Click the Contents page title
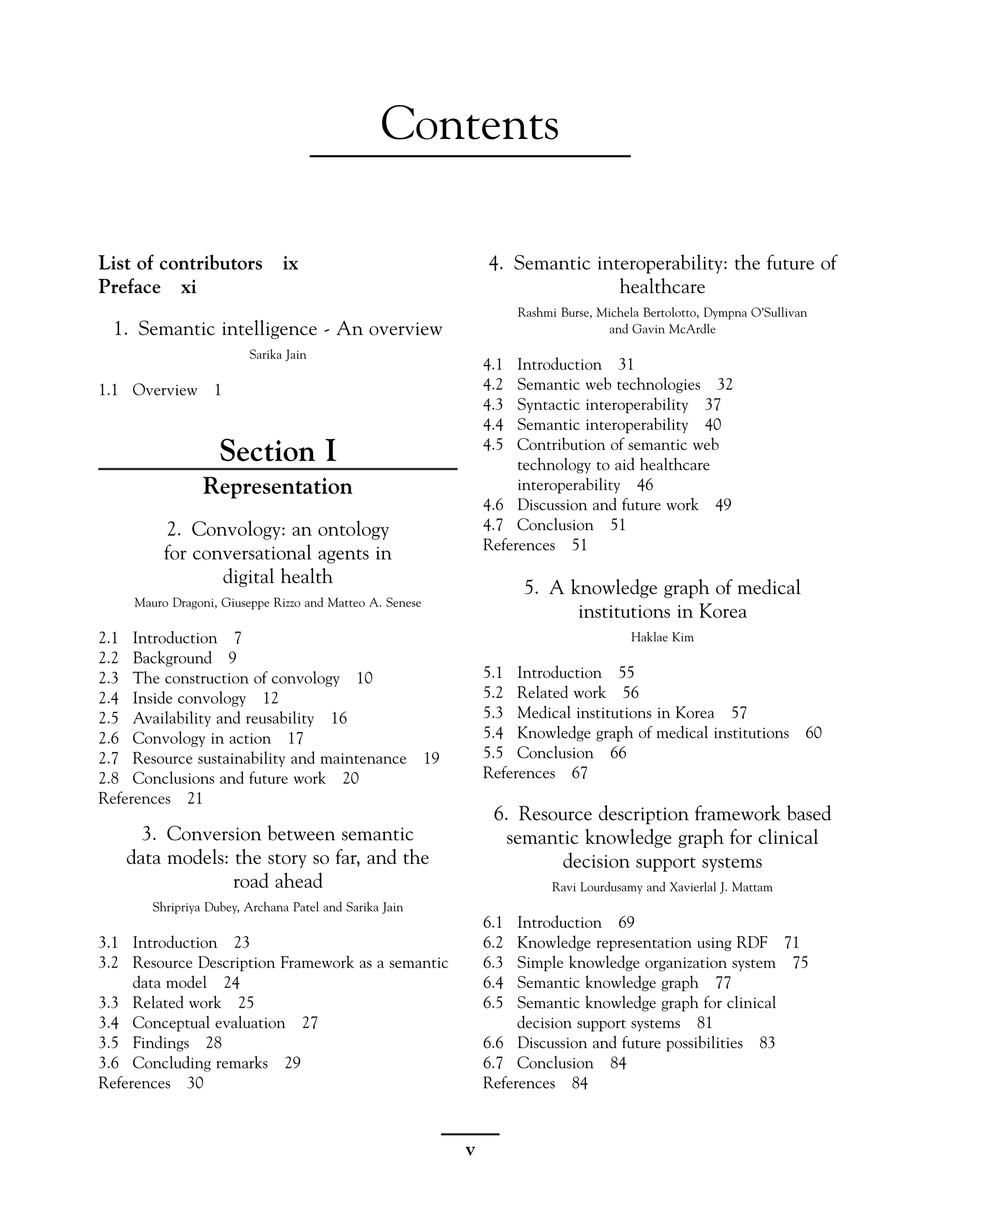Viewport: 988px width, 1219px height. pyautogui.click(x=469, y=124)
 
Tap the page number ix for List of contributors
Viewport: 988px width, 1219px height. pyautogui.click(x=290, y=263)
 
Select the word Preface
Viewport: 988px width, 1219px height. pyautogui.click(x=130, y=287)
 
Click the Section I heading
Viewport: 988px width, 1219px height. pyautogui.click(x=278, y=451)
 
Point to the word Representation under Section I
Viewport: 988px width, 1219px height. pyautogui.click(x=278, y=486)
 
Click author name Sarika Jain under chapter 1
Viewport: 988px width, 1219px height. pyautogui.click(x=278, y=355)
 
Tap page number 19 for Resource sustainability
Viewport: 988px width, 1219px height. pyautogui.click(x=431, y=759)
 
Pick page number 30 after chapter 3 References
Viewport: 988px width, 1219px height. pyautogui.click(x=195, y=1083)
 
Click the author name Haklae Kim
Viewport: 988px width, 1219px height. pyautogui.click(x=662, y=637)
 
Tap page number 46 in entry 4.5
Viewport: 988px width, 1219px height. pyautogui.click(x=645, y=485)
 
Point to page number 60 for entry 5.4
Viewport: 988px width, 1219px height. pyautogui.click(x=813, y=733)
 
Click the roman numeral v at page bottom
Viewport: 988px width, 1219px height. pyautogui.click(x=470, y=1150)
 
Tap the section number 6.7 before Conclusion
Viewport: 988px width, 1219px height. pyautogui.click(x=493, y=1063)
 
